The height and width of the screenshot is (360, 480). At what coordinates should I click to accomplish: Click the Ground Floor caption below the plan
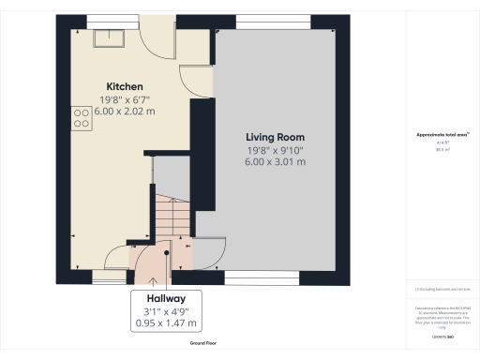(x=203, y=344)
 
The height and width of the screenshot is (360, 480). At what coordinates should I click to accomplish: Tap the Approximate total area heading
(x=441, y=135)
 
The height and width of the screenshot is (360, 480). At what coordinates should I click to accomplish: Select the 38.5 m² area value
(x=441, y=149)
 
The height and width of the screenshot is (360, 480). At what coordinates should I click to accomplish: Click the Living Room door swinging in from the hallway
(x=208, y=251)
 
